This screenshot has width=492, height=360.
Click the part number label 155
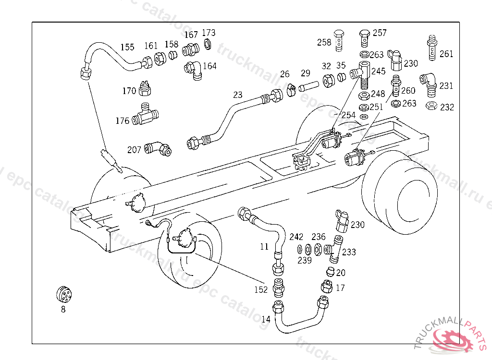[127, 47]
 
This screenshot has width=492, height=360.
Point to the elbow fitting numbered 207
[159, 148]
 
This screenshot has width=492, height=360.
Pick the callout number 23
[238, 95]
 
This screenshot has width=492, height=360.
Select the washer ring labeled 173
[208, 45]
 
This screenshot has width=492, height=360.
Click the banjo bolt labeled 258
[340, 40]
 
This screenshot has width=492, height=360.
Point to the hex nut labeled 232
[431, 106]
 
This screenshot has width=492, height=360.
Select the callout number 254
[348, 115]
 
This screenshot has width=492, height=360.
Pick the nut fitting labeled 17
[326, 287]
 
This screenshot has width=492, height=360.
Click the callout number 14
[266, 319]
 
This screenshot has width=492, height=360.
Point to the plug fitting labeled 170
[144, 89]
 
